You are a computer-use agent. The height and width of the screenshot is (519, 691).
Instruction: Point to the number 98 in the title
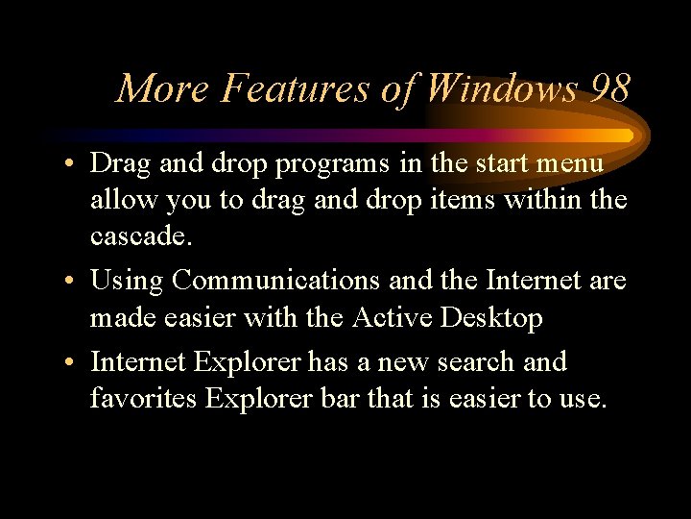[x=610, y=89]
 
